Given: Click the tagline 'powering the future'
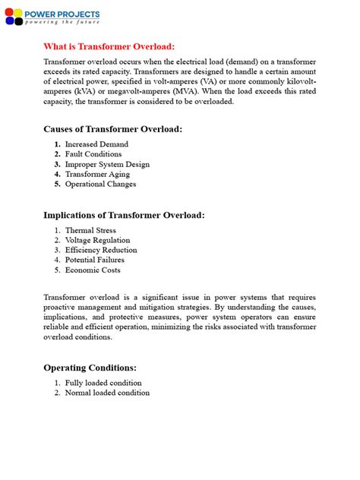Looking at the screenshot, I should coord(62,23).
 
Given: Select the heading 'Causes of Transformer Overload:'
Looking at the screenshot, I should coord(112,129).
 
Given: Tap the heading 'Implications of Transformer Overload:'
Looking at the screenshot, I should coord(124,215).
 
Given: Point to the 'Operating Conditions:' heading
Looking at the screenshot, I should coord(90,368).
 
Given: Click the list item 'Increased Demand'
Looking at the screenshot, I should coord(96,144).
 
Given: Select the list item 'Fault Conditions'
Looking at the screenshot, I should coord(93,154).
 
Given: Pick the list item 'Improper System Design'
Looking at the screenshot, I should coord(107,164).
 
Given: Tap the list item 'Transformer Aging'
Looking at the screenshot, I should coord(97,174).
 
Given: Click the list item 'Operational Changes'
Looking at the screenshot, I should coord(100,184).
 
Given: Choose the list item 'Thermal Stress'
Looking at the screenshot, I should coord(90,230).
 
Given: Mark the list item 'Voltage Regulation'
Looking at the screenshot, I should coord(97,240).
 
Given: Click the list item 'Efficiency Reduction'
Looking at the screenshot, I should coord(101,250).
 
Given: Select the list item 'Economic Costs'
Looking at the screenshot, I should coord(93,270).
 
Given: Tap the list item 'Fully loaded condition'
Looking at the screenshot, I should coord(103,383).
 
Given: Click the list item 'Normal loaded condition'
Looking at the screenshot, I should coord(107,393).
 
